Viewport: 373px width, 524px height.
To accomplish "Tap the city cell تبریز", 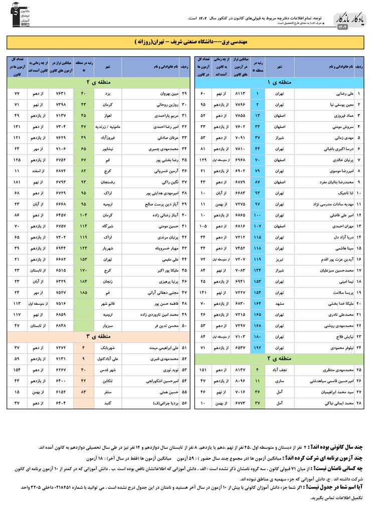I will point(279,259).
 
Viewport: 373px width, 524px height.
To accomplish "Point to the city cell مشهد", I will point(279,303).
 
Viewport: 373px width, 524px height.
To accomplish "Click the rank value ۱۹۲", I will point(258,347).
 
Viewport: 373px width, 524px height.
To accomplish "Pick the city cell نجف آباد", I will point(279,370).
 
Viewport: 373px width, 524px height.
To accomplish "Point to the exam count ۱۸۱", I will point(17,182).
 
